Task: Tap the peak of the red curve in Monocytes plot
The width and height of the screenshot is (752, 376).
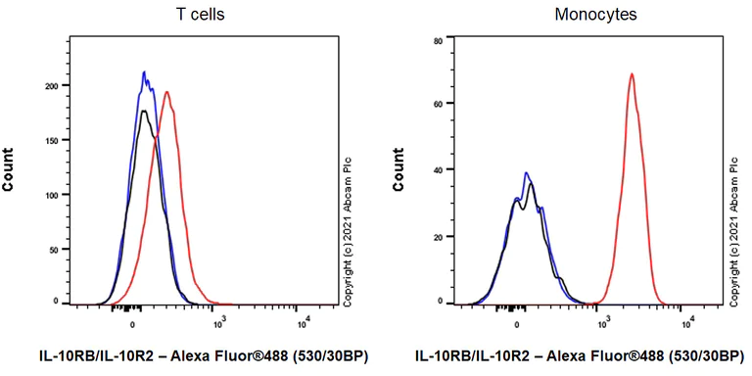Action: coord(632,74)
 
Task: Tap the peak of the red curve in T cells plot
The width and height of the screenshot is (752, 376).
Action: coord(167,93)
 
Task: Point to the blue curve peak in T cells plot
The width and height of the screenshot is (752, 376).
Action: coord(144,72)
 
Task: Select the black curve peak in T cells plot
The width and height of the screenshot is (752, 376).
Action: coord(144,112)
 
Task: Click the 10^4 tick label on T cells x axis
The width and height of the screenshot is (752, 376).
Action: coord(304,321)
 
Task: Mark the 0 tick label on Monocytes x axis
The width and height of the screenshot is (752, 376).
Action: coord(516,321)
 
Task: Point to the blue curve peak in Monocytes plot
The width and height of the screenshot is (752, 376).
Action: coord(526,173)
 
